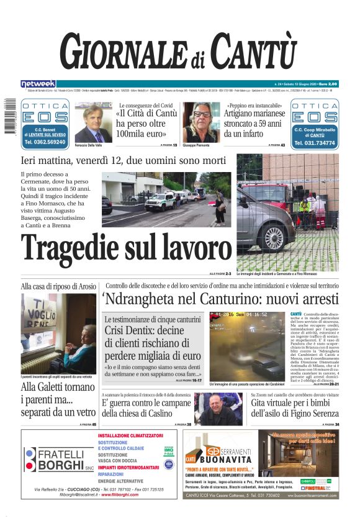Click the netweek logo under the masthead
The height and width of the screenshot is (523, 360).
click(x=38, y=84)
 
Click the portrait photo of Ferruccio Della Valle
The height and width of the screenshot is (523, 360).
click(x=92, y=122)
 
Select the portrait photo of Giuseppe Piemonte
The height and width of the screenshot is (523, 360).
click(x=201, y=122)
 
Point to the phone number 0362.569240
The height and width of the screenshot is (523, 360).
click(x=45, y=142)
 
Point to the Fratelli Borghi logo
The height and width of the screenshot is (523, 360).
click(x=56, y=460)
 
